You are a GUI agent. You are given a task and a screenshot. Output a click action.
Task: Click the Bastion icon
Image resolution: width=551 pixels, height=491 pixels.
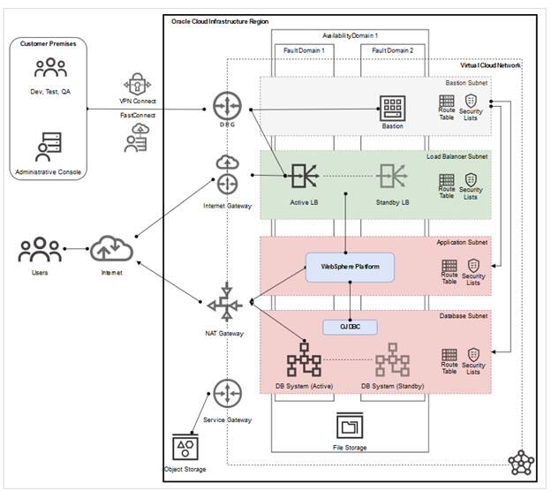392,107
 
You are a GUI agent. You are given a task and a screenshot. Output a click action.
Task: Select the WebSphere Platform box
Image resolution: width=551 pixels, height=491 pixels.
350,266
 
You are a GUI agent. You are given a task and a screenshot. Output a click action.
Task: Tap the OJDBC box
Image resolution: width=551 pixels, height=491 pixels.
351,327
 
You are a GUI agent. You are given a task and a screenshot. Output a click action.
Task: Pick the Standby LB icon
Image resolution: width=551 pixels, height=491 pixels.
392,178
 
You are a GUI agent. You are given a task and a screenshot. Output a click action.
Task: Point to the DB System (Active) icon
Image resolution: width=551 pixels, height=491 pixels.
304,363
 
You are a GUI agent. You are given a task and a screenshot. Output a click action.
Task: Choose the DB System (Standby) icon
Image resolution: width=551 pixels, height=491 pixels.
392,363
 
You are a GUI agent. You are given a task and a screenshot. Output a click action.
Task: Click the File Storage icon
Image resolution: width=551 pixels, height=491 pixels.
351,427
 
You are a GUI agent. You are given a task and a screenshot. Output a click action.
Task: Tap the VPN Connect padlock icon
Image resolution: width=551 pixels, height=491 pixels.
137,86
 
